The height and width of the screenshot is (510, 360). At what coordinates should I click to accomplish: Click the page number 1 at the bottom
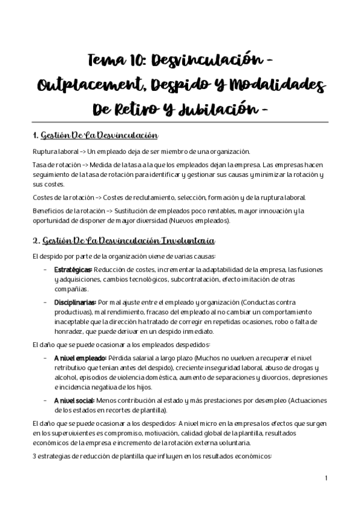click(x=325, y=478)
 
